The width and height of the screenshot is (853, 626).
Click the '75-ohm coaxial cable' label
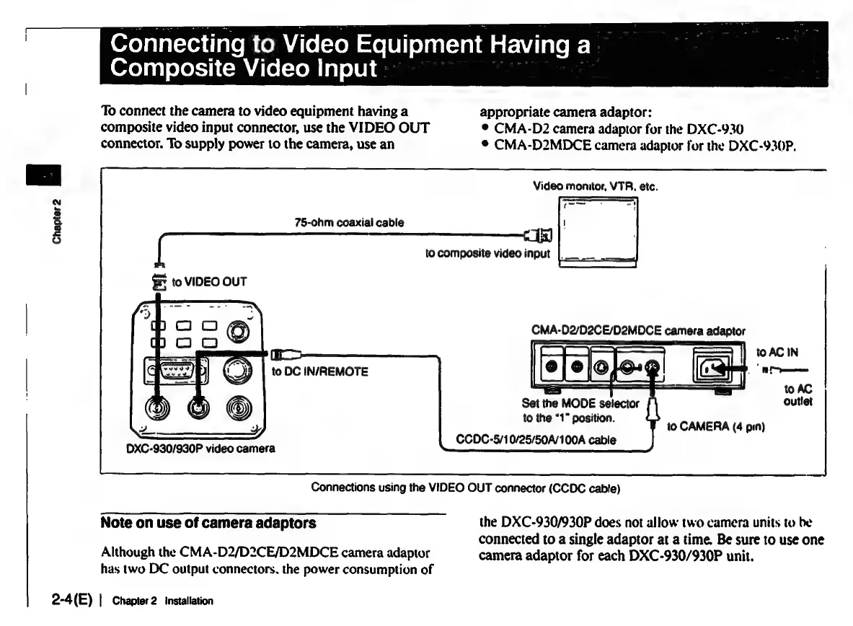point(349,222)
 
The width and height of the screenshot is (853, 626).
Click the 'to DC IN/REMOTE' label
point(319,371)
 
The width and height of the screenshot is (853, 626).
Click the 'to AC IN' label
point(774,353)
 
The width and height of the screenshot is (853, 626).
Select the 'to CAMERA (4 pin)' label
point(715,427)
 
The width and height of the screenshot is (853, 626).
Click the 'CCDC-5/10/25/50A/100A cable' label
point(536,440)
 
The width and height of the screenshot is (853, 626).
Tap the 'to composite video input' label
point(487,253)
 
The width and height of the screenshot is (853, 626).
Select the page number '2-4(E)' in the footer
point(71,600)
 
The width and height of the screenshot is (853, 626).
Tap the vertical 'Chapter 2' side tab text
point(57,219)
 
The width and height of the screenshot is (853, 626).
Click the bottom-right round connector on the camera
point(239,409)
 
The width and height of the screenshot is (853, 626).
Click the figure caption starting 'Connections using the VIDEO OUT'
point(465,487)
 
